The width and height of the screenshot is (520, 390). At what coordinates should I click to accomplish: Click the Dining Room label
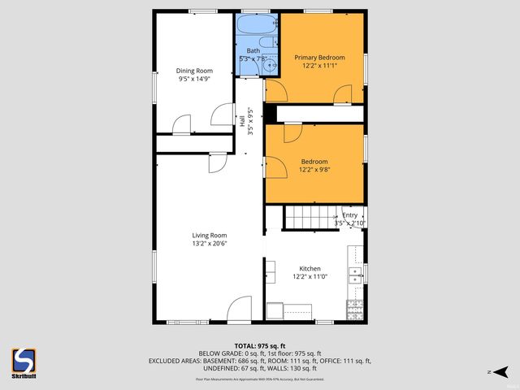[194, 71]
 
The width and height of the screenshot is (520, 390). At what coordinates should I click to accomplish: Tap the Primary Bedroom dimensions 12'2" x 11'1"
[319, 67]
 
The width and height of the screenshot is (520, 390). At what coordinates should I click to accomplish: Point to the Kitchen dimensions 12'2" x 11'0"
[310, 277]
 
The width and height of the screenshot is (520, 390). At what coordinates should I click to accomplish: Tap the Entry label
[350, 215]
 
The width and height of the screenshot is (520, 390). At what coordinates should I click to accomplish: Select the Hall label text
[243, 119]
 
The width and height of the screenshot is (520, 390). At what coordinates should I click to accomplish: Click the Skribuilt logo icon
[24, 360]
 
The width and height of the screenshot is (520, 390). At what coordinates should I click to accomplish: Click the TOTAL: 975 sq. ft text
[259, 346]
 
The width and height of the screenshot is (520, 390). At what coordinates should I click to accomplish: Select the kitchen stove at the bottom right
[355, 310]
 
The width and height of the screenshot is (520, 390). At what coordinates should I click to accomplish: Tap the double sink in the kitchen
[355, 274]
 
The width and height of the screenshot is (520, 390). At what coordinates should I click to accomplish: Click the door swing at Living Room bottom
[240, 310]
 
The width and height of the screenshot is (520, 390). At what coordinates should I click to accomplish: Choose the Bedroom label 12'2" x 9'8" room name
[314, 162]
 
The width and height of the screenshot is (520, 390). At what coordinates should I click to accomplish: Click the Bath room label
[253, 51]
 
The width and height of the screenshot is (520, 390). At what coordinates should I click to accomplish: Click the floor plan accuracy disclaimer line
[259, 379]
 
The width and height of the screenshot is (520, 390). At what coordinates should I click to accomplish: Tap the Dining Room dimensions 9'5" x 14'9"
[194, 80]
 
